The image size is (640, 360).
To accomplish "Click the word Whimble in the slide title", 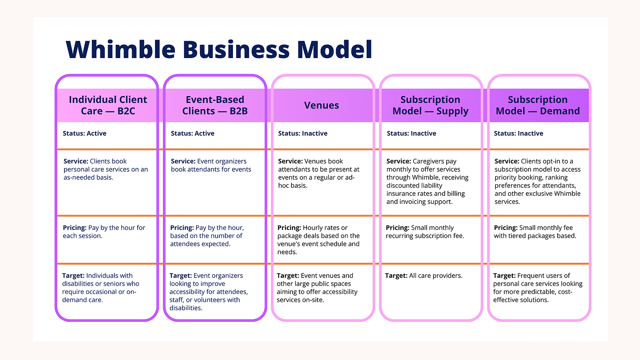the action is point(120,49).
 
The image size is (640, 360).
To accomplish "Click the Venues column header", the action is point(321,105).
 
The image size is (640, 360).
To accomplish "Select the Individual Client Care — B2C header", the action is point(108,105).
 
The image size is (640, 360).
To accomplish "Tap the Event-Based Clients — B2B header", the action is point(215,105).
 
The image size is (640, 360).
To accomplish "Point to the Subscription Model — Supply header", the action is point(430,105).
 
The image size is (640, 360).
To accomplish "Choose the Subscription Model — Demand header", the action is point(538,105).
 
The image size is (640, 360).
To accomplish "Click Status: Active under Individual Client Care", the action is point(84,133).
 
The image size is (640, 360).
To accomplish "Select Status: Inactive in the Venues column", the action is point(303,133).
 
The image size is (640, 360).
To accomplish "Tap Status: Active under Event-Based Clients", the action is point(193,133).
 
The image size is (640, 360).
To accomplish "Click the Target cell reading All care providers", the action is point(424,276).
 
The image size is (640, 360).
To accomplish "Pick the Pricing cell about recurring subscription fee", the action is point(425,231).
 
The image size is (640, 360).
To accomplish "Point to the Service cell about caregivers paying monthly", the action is point(427,181).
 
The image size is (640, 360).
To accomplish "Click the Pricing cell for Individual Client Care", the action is point(104,231).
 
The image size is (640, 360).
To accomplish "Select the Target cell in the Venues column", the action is point(317,288).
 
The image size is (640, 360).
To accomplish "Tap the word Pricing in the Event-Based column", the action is point(182,228).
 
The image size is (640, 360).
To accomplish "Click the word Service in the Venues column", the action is point(290,161).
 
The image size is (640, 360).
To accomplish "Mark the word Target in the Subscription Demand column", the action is point(504,276).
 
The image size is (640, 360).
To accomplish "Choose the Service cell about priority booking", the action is point(538,181).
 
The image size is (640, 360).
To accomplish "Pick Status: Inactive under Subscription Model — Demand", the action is point(519,133).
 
